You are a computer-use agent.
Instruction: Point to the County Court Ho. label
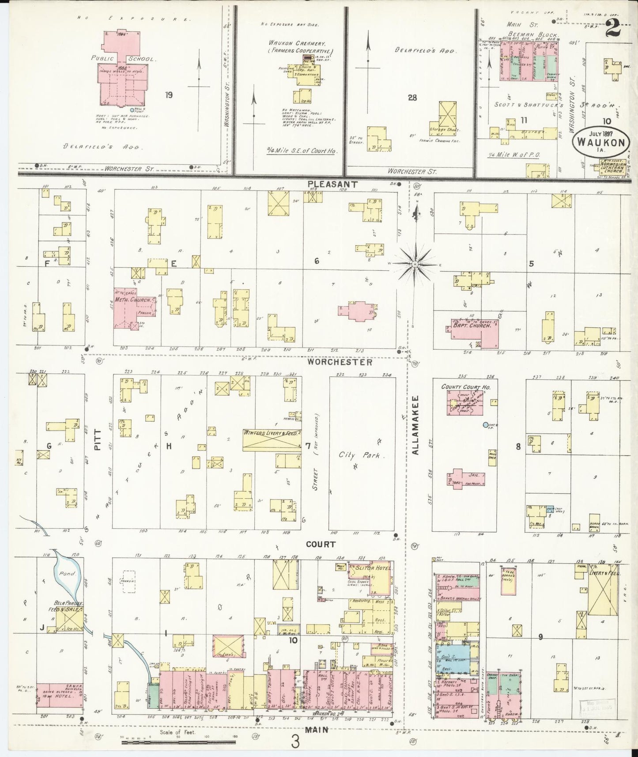(x=463, y=387)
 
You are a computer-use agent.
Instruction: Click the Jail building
(x=466, y=478)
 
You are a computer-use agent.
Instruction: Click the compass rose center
(x=415, y=264)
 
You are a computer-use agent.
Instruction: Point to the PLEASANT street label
(x=326, y=183)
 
